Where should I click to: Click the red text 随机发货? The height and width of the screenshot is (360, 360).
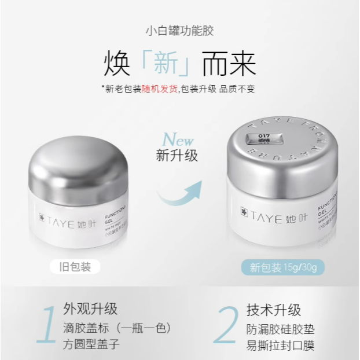(x=159, y=89)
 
